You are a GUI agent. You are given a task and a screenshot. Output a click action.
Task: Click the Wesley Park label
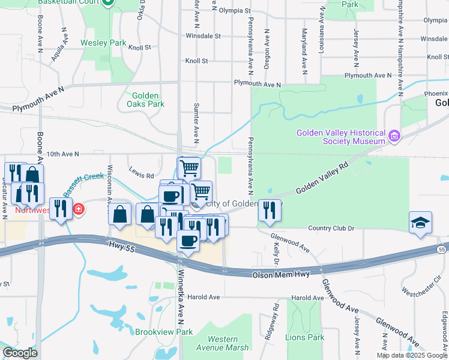coord(104,43)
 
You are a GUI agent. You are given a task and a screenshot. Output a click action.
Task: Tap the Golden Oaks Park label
coord(146,100)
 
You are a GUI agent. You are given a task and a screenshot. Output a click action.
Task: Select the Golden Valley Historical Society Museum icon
coord(394,137)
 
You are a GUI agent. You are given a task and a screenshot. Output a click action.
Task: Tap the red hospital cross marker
coord(79,209)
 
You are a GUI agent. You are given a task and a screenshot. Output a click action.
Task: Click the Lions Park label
coord(304,337)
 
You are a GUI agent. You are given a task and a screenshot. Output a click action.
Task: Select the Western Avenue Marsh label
coord(222,344)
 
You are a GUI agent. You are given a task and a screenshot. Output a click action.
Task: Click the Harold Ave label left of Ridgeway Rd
coord(203,297)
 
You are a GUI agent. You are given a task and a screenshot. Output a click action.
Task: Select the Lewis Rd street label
coord(142,176)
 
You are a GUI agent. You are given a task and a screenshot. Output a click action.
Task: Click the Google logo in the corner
coord(20,353)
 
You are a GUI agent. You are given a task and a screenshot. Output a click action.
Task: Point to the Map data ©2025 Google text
coord(412,355)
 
